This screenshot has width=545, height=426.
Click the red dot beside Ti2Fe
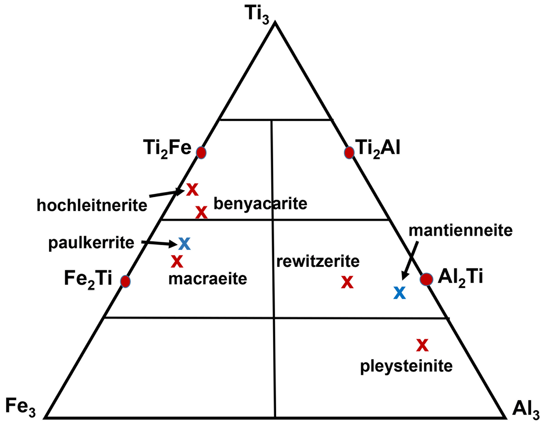coord(201,153)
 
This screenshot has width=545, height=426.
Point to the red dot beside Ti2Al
coord(349,153)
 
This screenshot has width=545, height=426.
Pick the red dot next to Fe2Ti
coord(125,281)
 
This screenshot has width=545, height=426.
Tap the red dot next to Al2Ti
coord(426,279)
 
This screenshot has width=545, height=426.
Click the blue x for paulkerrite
coord(184,244)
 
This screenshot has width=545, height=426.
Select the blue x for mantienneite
coord(399,293)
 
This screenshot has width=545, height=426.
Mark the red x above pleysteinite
coord(422,345)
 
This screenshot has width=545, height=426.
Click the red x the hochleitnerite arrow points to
coord(192,190)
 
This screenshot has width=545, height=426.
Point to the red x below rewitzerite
coord(347,282)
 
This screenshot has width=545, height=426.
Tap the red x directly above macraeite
coord(177,262)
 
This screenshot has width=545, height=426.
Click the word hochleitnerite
coord(92,205)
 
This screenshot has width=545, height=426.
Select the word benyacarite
coord(260,204)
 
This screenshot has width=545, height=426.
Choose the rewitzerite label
coord(318,262)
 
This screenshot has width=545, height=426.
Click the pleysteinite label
coord(406,366)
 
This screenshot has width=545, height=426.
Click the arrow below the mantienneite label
coord(410,261)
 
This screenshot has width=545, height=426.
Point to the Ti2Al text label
coord(377,148)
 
